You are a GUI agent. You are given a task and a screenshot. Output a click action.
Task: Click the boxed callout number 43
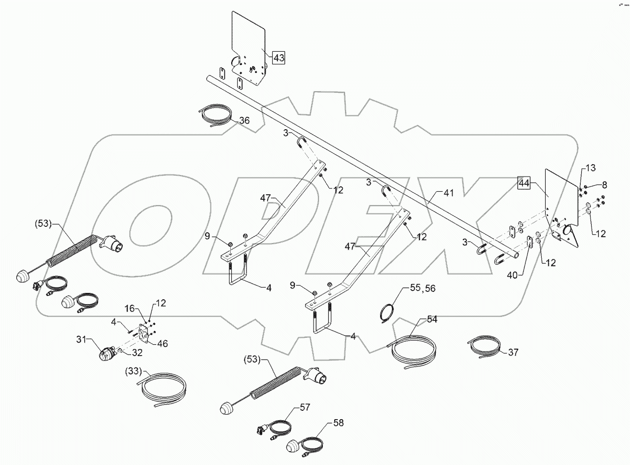tap(279, 58)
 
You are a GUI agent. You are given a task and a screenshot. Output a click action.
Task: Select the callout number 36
tap(245, 120)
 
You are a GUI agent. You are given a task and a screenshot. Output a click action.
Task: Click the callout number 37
tap(513, 352)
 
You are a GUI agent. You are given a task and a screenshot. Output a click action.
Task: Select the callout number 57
tap(306, 408)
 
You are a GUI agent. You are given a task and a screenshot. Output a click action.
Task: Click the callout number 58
tap(338, 423)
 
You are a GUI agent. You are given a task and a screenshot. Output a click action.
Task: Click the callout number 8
tap(604, 185)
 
